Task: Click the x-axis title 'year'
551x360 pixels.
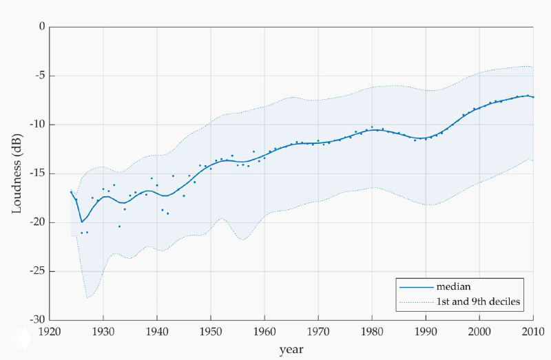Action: coord(291,350)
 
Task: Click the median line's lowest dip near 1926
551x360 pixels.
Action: coord(82,222)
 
